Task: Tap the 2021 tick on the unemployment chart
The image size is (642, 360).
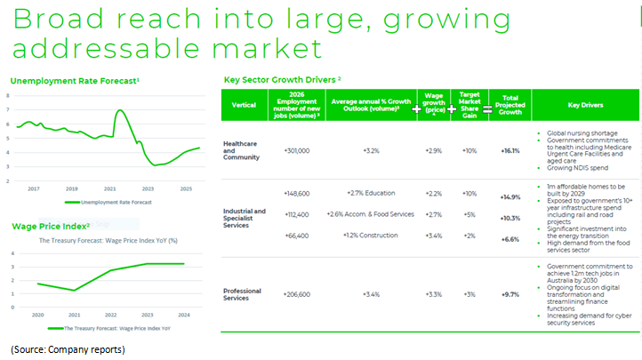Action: point(109,188)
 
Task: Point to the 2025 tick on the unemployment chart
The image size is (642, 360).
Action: point(185,188)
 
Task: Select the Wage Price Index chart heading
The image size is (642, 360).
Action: point(49,226)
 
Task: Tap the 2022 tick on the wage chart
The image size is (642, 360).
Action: point(109,315)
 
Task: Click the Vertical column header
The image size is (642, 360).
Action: point(244,105)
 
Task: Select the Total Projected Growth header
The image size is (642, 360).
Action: point(510,105)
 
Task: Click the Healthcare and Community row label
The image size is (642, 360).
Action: point(244,151)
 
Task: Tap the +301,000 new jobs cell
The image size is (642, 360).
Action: point(296,151)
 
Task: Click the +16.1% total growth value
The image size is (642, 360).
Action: point(510,151)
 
